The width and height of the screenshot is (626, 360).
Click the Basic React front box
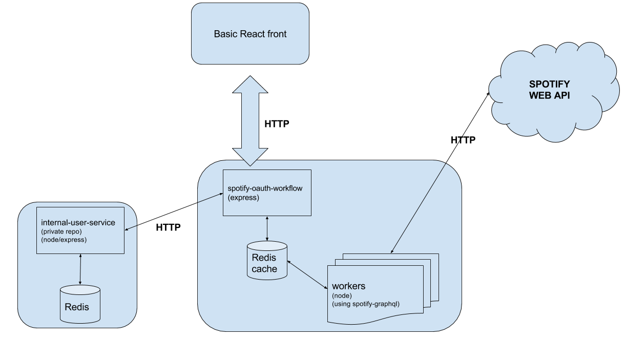pyautogui.click(x=250, y=33)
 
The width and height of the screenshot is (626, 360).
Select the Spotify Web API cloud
pyautogui.click(x=554, y=92)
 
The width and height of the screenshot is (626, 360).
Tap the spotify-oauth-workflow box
pyautogui.click(x=267, y=193)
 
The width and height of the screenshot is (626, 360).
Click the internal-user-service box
pyautogui.click(x=80, y=230)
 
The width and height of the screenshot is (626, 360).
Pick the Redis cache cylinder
pyautogui.click(x=267, y=260)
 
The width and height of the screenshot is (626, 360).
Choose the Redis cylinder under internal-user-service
pyautogui.click(x=80, y=304)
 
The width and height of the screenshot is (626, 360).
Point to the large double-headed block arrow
pyautogui.click(x=250, y=121)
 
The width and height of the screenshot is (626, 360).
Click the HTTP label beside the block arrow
pyautogui.click(x=277, y=124)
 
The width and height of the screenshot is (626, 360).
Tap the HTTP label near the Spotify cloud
pyautogui.click(x=463, y=140)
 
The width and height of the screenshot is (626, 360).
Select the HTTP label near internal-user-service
pyautogui.click(x=168, y=227)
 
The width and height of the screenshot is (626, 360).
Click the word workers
pyautogui.click(x=348, y=286)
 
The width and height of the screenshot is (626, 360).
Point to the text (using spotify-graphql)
pyautogui.click(x=366, y=304)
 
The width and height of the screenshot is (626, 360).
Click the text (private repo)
pyautogui.click(x=61, y=231)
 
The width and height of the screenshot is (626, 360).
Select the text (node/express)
pyautogui.click(x=64, y=240)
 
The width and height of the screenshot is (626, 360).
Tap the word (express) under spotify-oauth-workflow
pyautogui.click(x=243, y=198)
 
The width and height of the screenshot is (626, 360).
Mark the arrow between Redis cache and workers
pyautogui.click(x=307, y=274)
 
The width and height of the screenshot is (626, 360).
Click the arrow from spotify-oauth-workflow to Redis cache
pyautogui.click(x=267, y=228)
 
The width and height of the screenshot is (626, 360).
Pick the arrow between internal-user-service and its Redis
pyautogui.click(x=80, y=269)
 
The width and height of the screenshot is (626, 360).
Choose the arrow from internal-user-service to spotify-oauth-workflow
pyautogui.click(x=174, y=211)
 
